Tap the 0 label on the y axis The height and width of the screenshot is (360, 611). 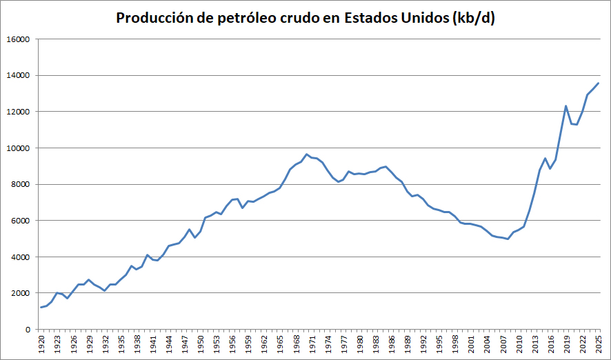coord(28,329)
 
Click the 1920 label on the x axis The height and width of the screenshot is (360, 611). coord(41,343)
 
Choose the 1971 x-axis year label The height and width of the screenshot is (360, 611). coord(312,343)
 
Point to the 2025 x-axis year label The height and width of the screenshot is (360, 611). coord(598,343)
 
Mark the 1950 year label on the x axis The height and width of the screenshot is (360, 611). coord(201,343)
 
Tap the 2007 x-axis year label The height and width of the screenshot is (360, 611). coord(503,343)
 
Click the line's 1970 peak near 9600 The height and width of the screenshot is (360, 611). coord(307,154)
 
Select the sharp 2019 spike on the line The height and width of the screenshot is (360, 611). coord(565,106)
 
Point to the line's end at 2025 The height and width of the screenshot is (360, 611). coord(598,83)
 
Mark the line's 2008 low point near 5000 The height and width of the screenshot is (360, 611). coord(508,239)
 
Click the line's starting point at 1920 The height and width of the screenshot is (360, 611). coord(41,308)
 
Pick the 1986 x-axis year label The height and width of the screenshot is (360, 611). coord(391,343)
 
